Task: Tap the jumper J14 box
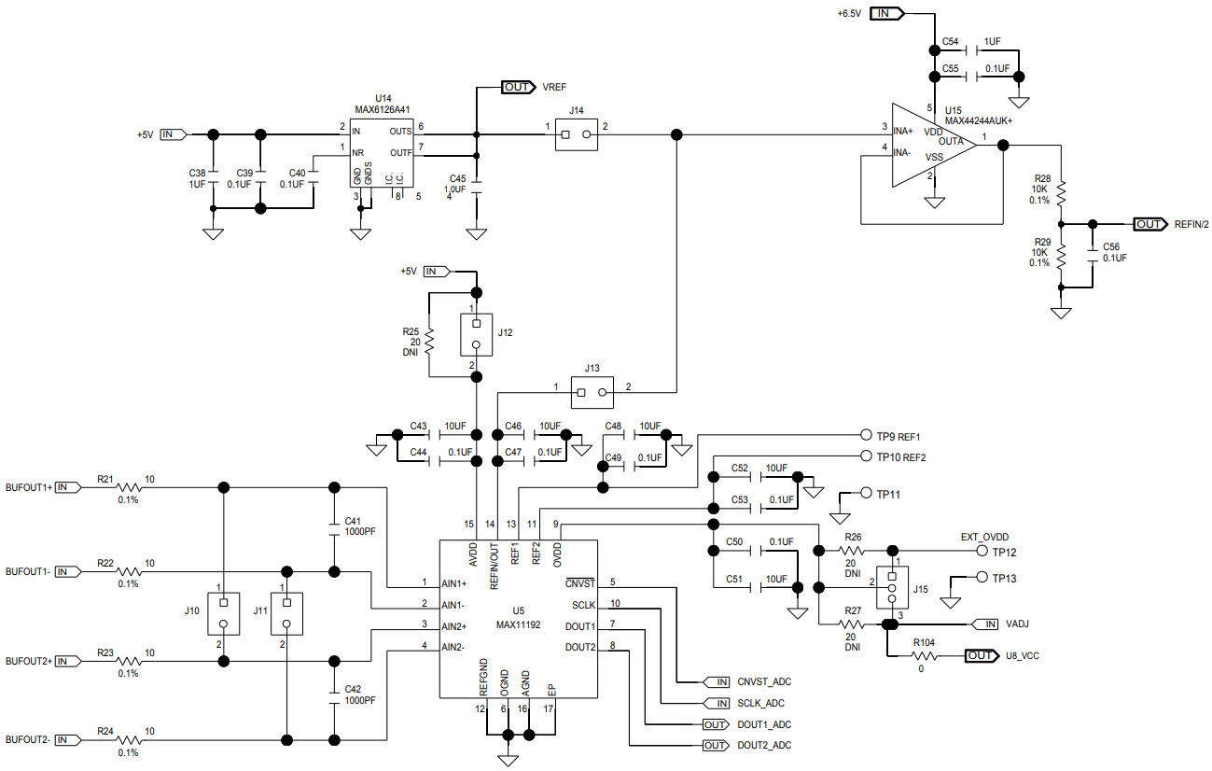(576, 134)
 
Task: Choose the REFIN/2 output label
(1191, 224)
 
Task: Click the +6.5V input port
(885, 13)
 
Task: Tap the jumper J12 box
(476, 334)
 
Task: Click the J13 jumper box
(592, 393)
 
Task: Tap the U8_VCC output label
(1023, 656)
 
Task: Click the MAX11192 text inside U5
(519, 624)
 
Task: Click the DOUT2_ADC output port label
(763, 745)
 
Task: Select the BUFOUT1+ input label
(29, 487)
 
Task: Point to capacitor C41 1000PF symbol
(334, 529)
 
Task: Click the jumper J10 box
(223, 613)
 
